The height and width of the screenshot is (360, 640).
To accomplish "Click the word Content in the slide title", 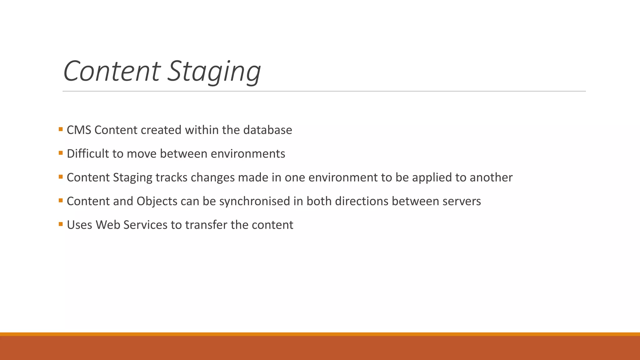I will point(112,71).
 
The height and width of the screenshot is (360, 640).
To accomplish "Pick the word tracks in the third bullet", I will point(171,177).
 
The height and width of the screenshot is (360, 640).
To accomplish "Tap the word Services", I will point(145,225).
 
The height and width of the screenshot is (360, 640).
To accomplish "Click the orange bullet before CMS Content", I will point(61,129).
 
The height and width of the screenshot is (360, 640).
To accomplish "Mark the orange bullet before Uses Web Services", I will point(61,224).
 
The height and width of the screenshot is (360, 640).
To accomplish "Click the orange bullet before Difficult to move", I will point(61,153).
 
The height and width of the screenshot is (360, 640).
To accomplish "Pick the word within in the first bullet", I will point(202,130).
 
